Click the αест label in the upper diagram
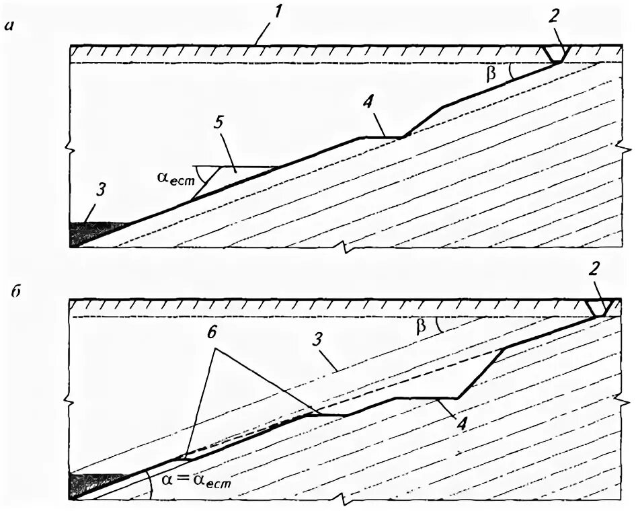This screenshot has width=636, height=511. click(173, 180)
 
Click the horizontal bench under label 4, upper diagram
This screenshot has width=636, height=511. click(381, 137)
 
